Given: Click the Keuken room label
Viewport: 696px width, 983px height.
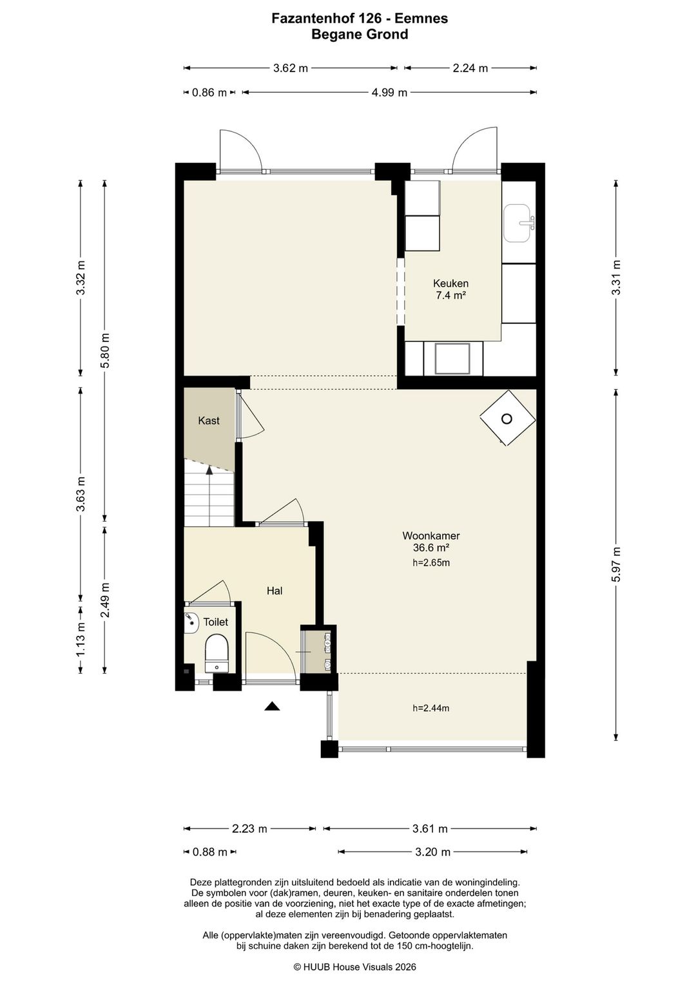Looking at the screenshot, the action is pyautogui.click(x=450, y=283).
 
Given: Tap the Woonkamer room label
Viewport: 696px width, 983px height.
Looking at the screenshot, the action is pyautogui.click(x=430, y=536).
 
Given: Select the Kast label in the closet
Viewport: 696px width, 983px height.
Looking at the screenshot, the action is pyautogui.click(x=209, y=421).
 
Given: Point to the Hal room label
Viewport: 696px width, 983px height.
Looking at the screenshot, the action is pyautogui.click(x=275, y=591).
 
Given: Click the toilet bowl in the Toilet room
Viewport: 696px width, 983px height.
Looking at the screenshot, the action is pyautogui.click(x=217, y=653).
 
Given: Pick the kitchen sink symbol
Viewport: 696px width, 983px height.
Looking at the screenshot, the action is pyautogui.click(x=519, y=224).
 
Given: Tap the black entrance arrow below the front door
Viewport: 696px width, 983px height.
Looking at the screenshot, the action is pyautogui.click(x=272, y=706).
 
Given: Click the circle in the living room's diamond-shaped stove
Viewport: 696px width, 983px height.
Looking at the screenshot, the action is pyautogui.click(x=507, y=419).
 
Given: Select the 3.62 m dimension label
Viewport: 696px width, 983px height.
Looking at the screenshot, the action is pyautogui.click(x=290, y=68).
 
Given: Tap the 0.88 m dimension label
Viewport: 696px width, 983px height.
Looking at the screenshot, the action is pyautogui.click(x=210, y=852).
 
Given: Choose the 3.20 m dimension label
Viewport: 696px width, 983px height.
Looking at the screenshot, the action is pyautogui.click(x=432, y=852).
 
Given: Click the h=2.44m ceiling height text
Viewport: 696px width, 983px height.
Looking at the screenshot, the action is pyautogui.click(x=430, y=708).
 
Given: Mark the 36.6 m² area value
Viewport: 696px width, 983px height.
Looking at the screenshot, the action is pyautogui.click(x=430, y=548).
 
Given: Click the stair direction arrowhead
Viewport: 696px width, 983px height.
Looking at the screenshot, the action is pyautogui.click(x=209, y=470).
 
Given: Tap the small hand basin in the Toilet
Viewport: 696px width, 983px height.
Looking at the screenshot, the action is pyautogui.click(x=191, y=623).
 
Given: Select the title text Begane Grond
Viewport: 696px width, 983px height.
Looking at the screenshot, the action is pyautogui.click(x=360, y=34).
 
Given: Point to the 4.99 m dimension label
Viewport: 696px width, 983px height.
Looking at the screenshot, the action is pyautogui.click(x=389, y=93).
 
